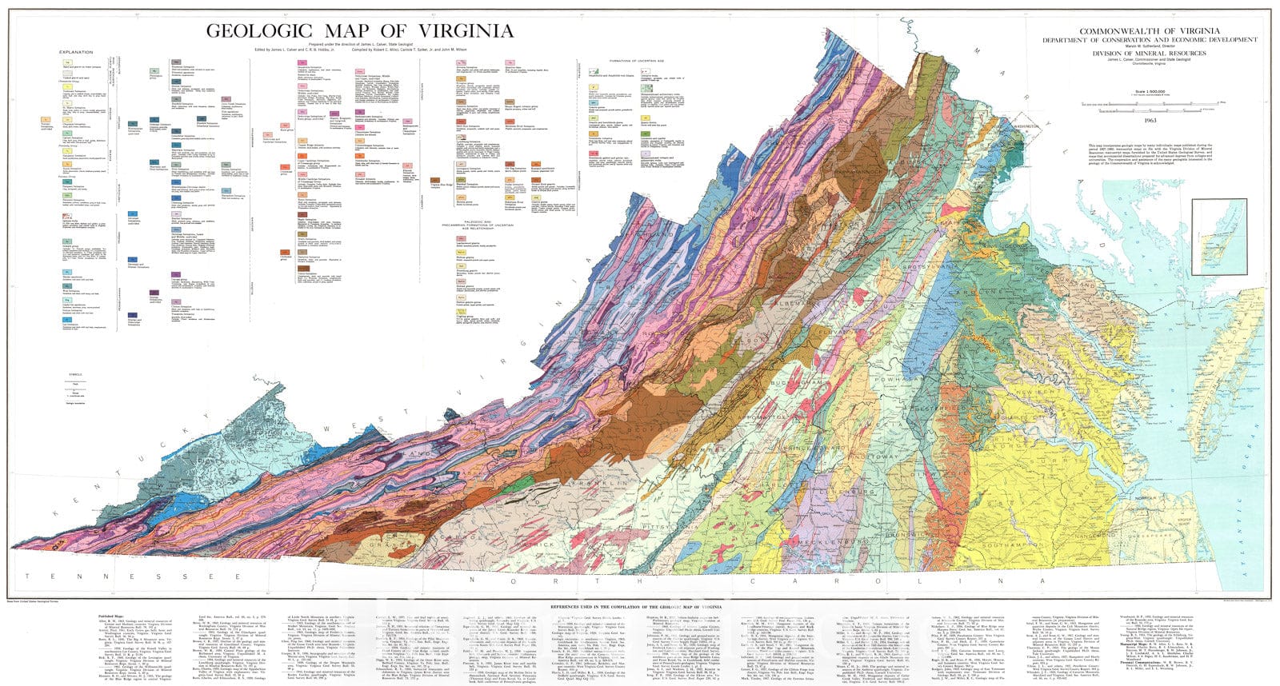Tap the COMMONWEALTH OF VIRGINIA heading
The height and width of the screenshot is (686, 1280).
[x=1138, y=30]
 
